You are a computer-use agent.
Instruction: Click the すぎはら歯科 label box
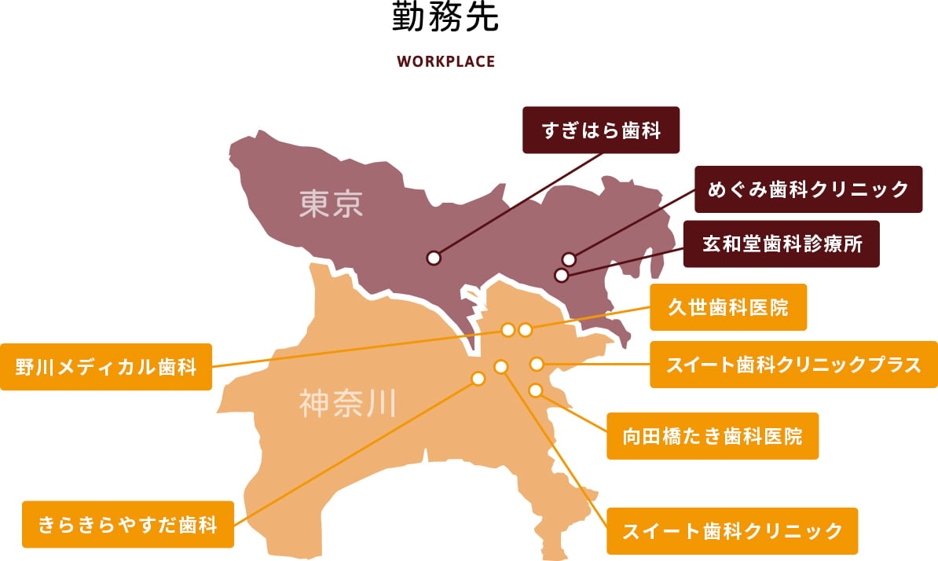click(x=601, y=130)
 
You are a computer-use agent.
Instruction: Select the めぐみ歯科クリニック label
click(x=808, y=189)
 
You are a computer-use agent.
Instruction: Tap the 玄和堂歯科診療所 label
click(x=781, y=244)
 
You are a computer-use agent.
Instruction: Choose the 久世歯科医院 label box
click(x=727, y=307)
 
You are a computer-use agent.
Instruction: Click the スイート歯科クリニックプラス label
click(x=793, y=365)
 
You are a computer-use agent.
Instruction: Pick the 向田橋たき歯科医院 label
click(x=713, y=436)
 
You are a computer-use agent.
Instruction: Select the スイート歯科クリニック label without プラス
click(x=732, y=531)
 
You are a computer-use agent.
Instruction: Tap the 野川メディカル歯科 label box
click(x=106, y=367)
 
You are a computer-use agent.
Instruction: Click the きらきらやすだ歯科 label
click(x=128, y=524)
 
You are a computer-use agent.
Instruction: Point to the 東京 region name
click(x=332, y=204)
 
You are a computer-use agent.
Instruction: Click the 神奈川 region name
click(x=347, y=404)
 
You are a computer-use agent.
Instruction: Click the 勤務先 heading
click(x=445, y=19)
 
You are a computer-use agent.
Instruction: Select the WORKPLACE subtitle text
click(x=445, y=61)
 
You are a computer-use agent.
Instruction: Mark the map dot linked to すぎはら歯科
click(x=434, y=258)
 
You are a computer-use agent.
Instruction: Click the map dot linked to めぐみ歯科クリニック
click(x=570, y=259)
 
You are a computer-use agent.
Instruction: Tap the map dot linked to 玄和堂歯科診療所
click(x=561, y=275)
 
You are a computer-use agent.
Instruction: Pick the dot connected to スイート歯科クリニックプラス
click(x=537, y=364)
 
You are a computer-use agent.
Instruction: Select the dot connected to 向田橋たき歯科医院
click(x=536, y=390)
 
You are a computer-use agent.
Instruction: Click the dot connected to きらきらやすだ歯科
click(x=478, y=379)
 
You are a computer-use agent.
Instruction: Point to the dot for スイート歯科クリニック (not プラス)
click(x=501, y=366)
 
